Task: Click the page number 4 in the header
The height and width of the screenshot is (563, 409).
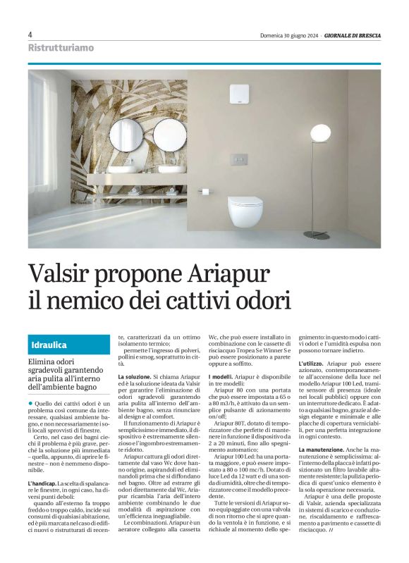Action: (30, 35)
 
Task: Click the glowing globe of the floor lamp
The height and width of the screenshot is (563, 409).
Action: (322, 132)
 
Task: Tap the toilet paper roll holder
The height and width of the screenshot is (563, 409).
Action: (204, 190)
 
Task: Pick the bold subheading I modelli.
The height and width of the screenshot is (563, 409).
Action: (226, 378)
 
